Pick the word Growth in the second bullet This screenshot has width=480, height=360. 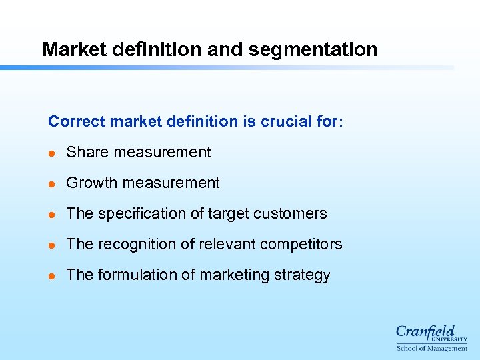[90, 183]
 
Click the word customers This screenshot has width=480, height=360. [294, 213]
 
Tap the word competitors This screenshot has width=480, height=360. [301, 244]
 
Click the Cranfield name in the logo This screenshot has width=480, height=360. [425, 331]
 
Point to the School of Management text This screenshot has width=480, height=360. [431, 348]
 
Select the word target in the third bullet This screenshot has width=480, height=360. [229, 213]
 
